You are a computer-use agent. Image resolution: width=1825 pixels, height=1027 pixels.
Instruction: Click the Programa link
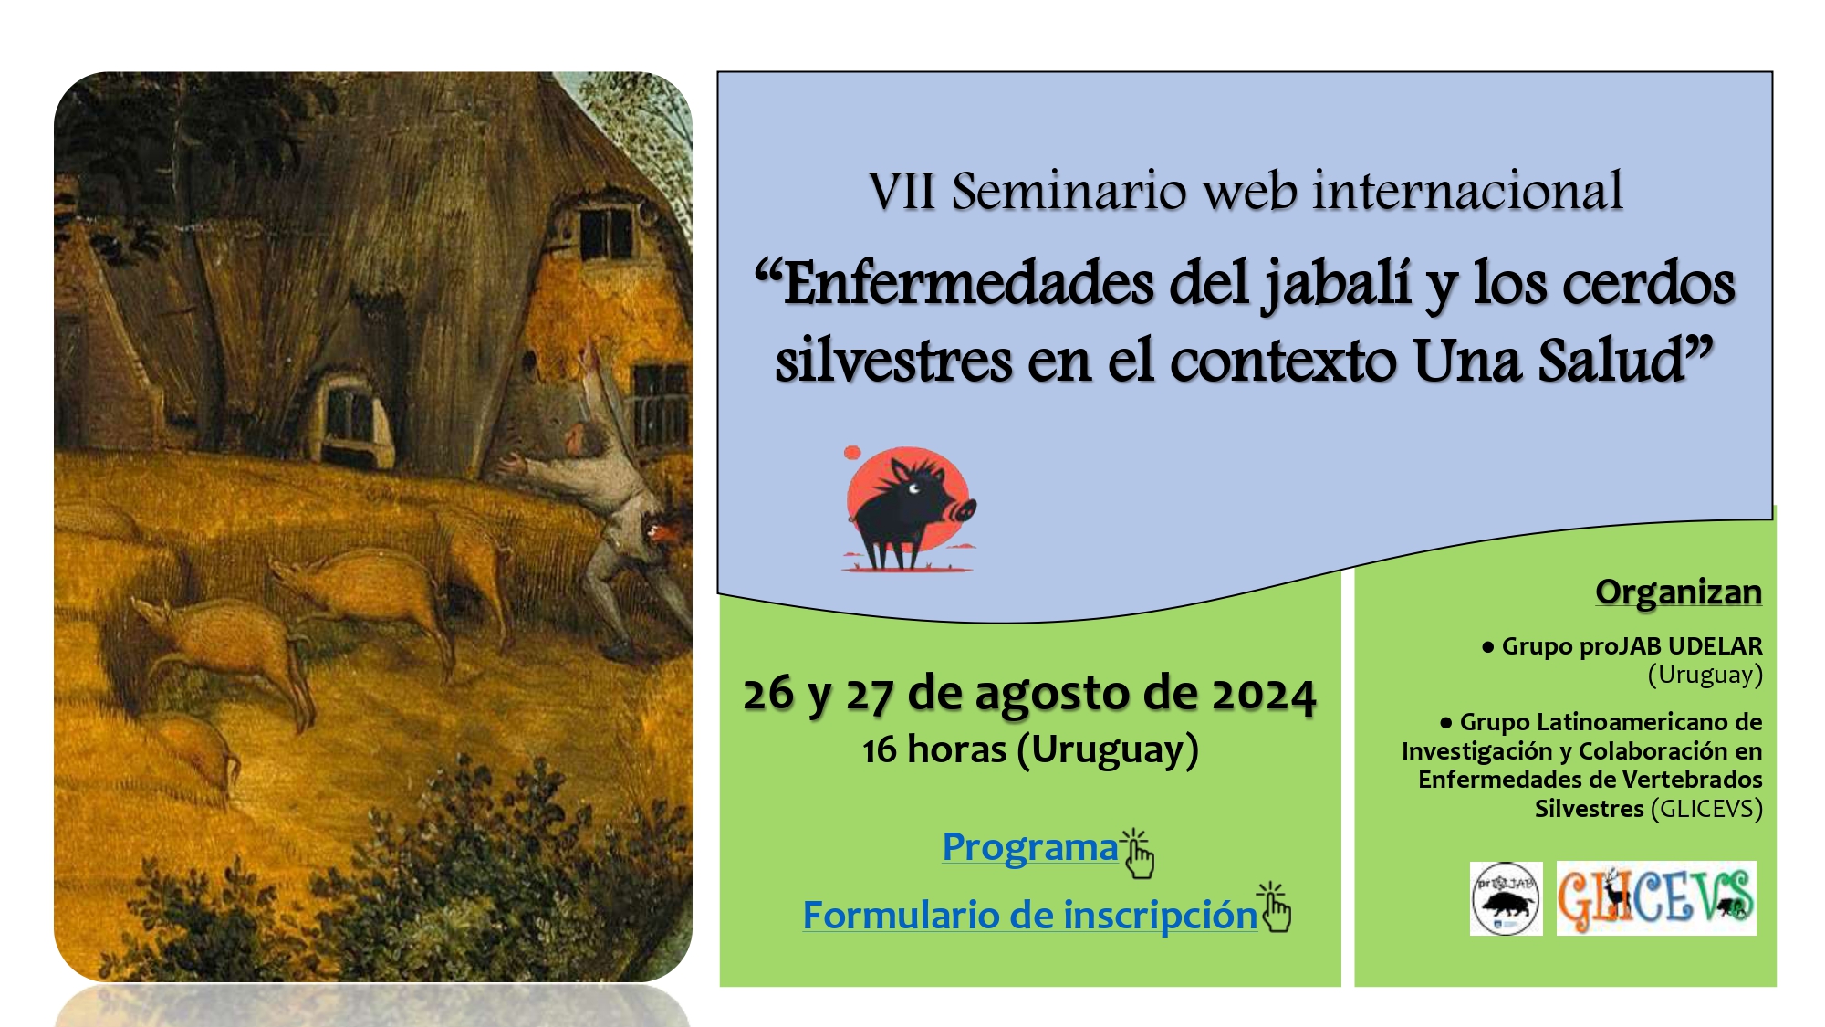click(1030, 847)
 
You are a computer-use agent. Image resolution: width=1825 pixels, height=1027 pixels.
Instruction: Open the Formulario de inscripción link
click(1030, 916)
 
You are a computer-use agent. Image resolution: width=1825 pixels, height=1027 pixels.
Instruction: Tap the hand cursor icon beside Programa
click(1138, 854)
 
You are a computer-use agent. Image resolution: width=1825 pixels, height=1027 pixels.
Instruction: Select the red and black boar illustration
click(909, 508)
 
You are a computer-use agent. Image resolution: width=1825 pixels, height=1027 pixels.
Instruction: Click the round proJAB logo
click(1506, 898)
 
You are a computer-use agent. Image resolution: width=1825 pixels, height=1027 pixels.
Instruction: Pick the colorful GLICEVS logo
click(1656, 898)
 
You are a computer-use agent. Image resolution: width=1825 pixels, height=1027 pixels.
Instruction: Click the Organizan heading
click(1678, 592)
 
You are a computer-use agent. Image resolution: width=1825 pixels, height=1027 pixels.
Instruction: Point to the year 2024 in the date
click(1263, 695)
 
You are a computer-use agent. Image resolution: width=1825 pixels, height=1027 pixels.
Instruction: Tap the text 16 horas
click(934, 749)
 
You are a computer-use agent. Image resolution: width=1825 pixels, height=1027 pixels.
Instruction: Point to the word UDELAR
click(1715, 646)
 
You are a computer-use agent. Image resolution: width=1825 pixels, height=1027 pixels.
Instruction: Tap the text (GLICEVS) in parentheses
click(1706, 809)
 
